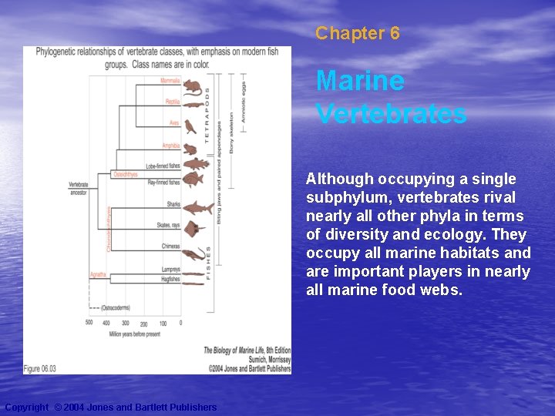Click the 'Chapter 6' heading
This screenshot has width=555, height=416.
click(x=358, y=33)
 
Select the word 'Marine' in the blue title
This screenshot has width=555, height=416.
click(x=360, y=80)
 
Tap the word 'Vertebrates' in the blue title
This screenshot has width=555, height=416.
click(x=391, y=113)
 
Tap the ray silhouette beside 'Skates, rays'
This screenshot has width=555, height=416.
click(x=197, y=227)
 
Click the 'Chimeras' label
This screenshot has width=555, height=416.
click(x=170, y=247)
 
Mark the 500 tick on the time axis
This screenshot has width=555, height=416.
click(x=89, y=323)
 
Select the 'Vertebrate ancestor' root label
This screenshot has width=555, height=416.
click(x=79, y=188)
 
